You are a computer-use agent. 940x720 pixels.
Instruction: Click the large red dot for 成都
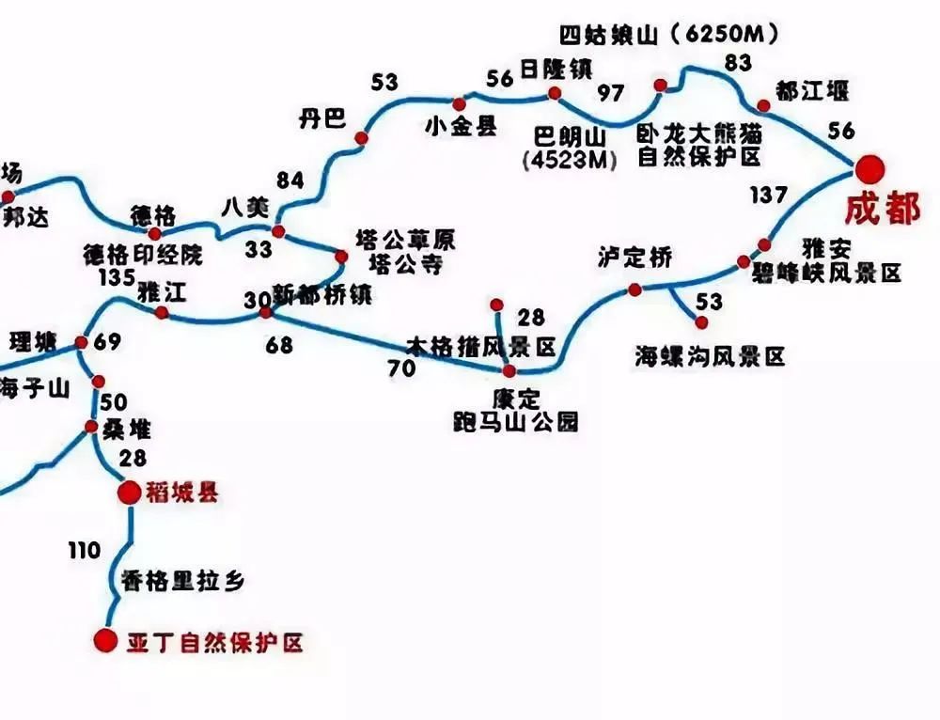pyautogui.click(x=870, y=170)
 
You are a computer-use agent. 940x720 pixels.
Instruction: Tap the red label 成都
pyautogui.click(x=882, y=210)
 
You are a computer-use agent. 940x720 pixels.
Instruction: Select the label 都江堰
pyautogui.click(x=812, y=91)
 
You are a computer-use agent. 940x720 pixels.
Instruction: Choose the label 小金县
pyautogui.click(x=461, y=127)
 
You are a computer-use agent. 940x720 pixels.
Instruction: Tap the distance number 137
pyautogui.click(x=769, y=196)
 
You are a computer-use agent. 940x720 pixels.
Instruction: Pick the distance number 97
pyautogui.click(x=611, y=94)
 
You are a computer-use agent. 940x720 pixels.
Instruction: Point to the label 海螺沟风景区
pyautogui.click(x=710, y=355)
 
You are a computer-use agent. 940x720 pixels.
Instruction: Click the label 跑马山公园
pyautogui.click(x=514, y=421)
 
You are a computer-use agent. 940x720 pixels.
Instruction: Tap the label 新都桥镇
pyautogui.click(x=322, y=293)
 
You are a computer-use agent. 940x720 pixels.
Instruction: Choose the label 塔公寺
pyautogui.click(x=406, y=263)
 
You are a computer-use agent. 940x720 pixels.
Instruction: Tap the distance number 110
pyautogui.click(x=83, y=552)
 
